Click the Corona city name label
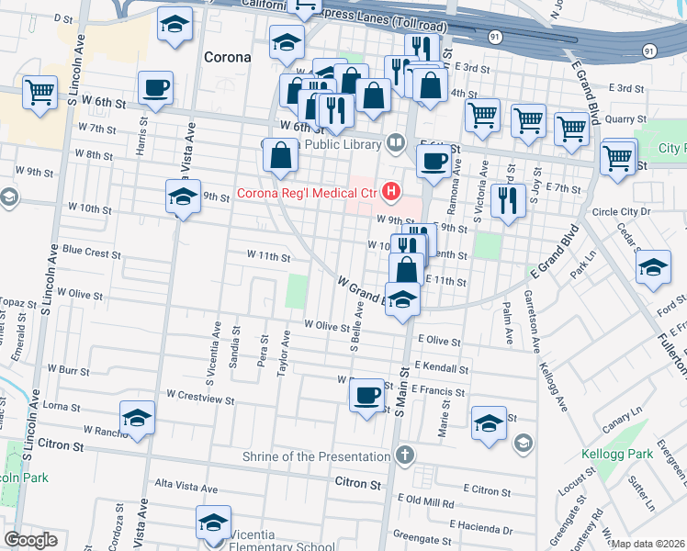226,57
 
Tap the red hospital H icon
392,192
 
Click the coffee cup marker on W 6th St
155,88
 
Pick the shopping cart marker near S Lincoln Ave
39,92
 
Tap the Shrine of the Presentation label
318,455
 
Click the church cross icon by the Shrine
405,455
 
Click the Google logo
31,540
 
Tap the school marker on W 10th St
184,197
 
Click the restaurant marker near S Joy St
507,199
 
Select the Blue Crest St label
90,251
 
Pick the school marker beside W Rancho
137,418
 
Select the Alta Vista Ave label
186,489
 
